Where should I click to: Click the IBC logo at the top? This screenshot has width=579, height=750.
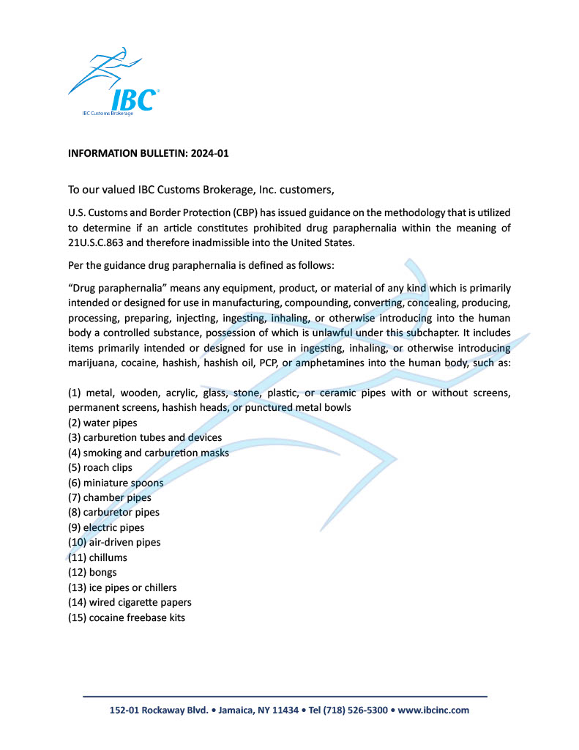[114, 84]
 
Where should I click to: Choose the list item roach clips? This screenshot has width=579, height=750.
[111, 467]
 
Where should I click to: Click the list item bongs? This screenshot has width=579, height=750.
[102, 572]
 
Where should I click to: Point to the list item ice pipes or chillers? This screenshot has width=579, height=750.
[132, 587]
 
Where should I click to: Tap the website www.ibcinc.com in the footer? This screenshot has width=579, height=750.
[433, 710]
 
